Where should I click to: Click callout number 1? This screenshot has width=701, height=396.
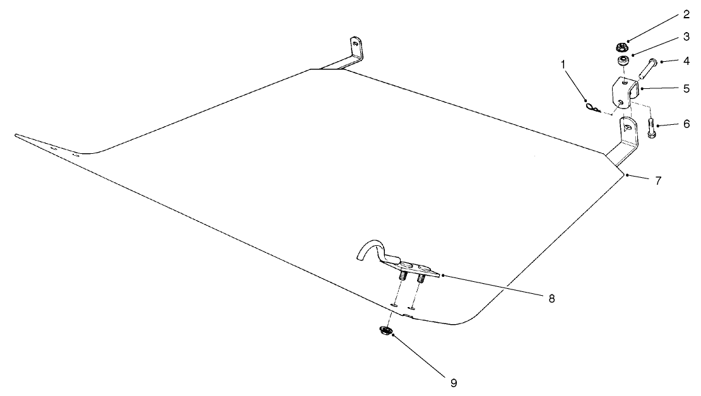(563, 65)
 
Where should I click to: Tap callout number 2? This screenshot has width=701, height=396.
(686, 15)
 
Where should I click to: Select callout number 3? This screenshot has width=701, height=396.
(686, 37)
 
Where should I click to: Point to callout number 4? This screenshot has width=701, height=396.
(686, 61)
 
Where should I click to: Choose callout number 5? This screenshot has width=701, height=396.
(686, 88)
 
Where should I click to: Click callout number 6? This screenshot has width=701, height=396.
(686, 124)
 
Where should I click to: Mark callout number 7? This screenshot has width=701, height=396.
(658, 180)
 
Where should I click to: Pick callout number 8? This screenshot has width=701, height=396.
(551, 298)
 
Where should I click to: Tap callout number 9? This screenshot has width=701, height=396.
(454, 383)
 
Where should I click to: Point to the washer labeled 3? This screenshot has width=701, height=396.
(622, 61)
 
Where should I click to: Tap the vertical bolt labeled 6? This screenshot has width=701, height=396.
(651, 128)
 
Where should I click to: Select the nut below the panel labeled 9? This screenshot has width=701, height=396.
(385, 331)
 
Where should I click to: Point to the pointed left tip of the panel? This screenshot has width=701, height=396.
(16, 135)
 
